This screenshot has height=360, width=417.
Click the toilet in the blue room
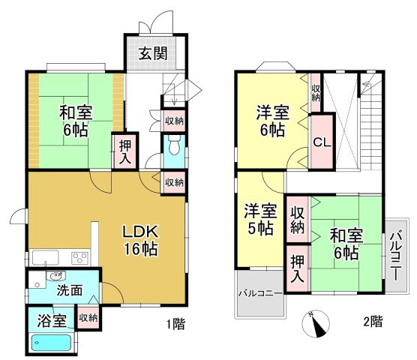coord(172,144)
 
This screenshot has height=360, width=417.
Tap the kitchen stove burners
coord(79,258)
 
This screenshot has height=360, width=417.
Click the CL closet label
coord(322,142)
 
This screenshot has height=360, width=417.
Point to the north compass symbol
coord(315,324)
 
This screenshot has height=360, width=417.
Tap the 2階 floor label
coord(372,322)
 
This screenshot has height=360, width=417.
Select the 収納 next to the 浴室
coord(88,318)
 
